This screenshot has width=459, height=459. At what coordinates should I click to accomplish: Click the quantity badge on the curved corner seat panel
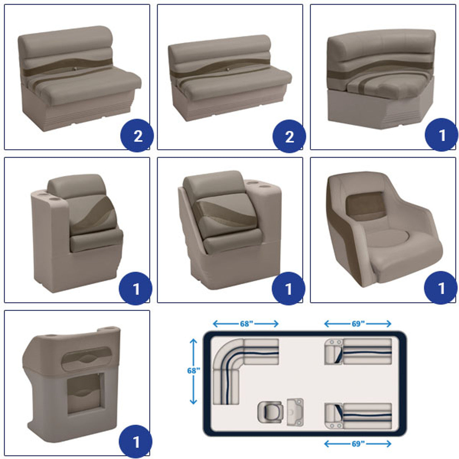click(x=441, y=135)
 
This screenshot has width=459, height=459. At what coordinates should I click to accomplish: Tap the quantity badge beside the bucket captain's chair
click(x=440, y=288)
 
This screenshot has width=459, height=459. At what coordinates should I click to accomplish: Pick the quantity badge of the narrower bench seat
click(x=137, y=136)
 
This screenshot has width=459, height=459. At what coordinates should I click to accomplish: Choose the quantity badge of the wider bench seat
click(x=289, y=136)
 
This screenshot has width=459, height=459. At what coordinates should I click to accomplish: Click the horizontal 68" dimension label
click(x=246, y=324)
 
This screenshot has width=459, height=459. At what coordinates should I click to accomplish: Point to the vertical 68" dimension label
click(x=193, y=371)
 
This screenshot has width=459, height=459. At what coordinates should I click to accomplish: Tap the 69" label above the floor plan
click(x=358, y=324)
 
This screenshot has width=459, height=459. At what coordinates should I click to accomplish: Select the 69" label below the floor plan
click(x=358, y=444)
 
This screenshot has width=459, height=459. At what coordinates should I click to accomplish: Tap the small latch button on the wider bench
click(x=227, y=70)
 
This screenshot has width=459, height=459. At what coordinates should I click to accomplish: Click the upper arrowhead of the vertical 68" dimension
click(x=193, y=341)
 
